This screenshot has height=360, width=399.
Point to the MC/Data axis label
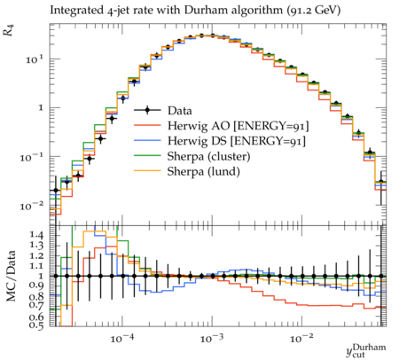pyautogui.click(x=12, y=276)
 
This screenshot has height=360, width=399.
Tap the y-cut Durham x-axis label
pyautogui.click(x=366, y=351)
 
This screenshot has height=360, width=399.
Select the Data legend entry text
pyautogui.click(x=180, y=111)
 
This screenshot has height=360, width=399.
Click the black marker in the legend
pyautogui.click(x=147, y=110)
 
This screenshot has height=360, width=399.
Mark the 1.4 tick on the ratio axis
pyautogui.click(x=37, y=236)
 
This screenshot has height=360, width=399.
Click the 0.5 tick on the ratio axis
pyautogui.click(x=37, y=325)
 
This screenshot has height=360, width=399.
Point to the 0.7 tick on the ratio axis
pyautogui.click(x=37, y=304)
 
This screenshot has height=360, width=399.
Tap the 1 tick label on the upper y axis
pyautogui.click(x=41, y=108)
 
